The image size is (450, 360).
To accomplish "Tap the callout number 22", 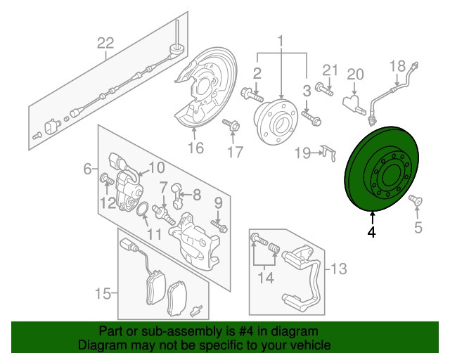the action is pyautogui.click(x=105, y=44).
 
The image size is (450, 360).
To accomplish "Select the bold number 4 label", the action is pyautogui.click(x=372, y=231).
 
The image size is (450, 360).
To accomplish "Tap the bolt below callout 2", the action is pyautogui.click(x=252, y=96).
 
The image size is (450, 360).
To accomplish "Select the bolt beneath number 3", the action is pyautogui.click(x=311, y=119).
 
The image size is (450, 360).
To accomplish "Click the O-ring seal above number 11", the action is pyautogui.click(x=143, y=209).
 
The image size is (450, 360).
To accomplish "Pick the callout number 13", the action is pyautogui.click(x=339, y=269).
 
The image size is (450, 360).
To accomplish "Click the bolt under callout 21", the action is pyautogui.click(x=324, y=89).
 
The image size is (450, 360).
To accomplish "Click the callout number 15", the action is pyautogui.click(x=103, y=293).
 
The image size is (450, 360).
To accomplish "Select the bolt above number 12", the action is pyautogui.click(x=107, y=179).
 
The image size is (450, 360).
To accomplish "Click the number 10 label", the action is pyautogui.click(x=156, y=168).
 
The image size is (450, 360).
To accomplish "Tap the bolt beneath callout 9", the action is pyautogui.click(x=219, y=226).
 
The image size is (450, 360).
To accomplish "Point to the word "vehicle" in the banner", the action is pyautogui.click(x=314, y=345).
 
